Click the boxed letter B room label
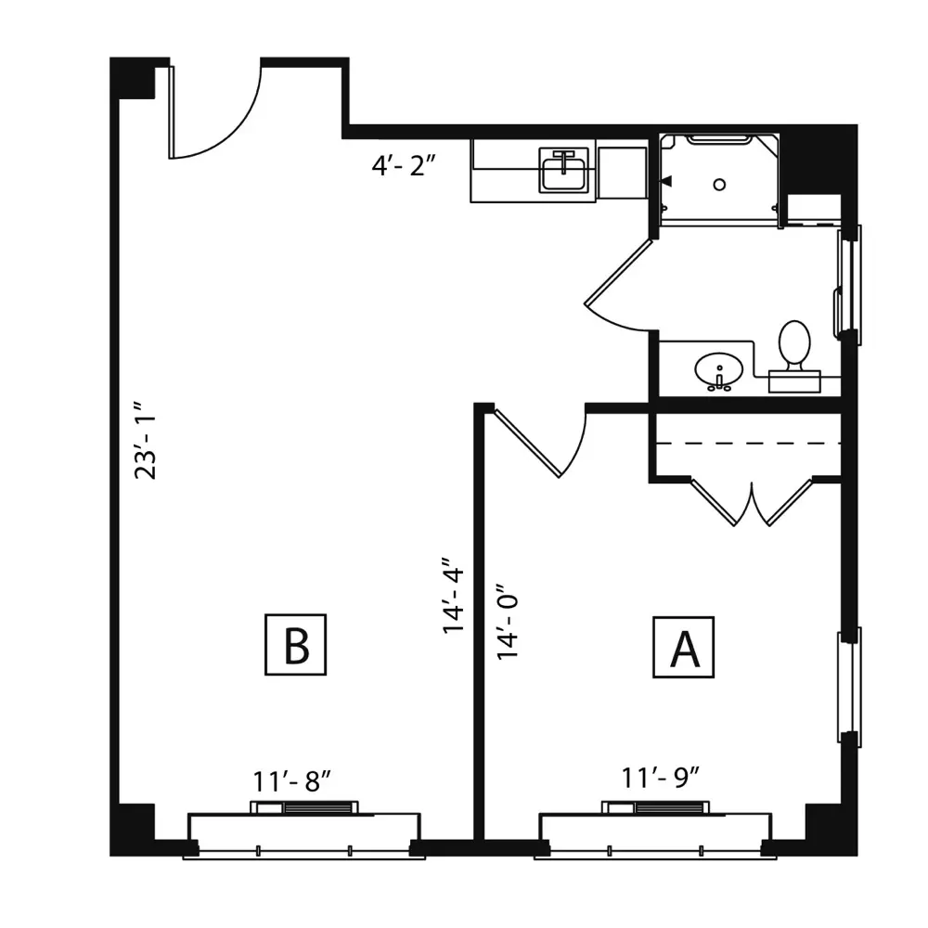pyautogui.click(x=295, y=645)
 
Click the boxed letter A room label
pyautogui.click(x=684, y=647)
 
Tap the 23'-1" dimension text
pyautogui.click(x=146, y=441)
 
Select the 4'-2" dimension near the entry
pyautogui.click(x=404, y=166)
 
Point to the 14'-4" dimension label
pyautogui.click(x=454, y=595)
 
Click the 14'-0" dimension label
pyautogui.click(x=508, y=622)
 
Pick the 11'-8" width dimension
pyautogui.click(x=291, y=781)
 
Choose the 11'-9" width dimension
pyautogui.click(x=661, y=778)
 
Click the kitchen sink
pyautogui.click(x=563, y=171)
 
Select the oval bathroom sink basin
pyautogui.click(x=718, y=370)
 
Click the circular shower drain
pyautogui.click(x=719, y=185)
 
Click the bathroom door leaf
pyautogui.click(x=619, y=271)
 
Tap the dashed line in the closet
pyautogui.click(x=748, y=443)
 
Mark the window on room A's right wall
pyautogui.click(x=849, y=687)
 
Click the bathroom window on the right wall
pyautogui.click(x=849, y=285)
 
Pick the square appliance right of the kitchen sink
pyautogui.click(x=622, y=173)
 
